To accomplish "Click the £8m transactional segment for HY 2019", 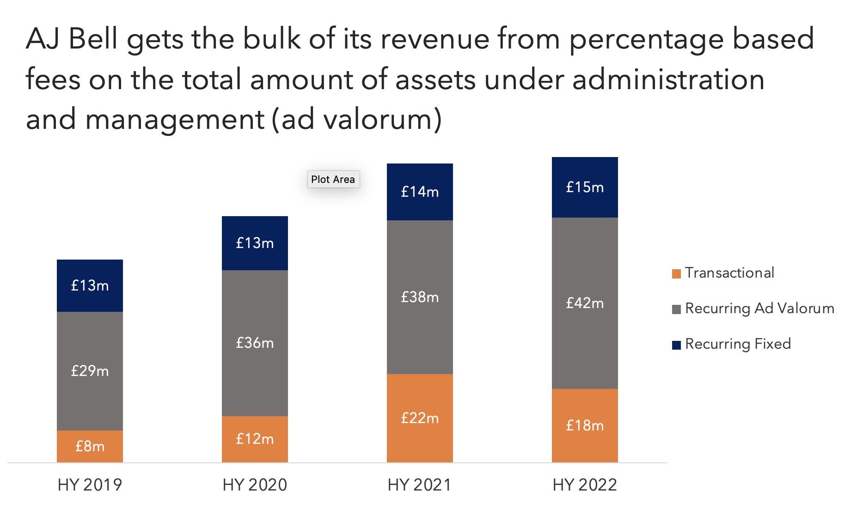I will coord(90,446).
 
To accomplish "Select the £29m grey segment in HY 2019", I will coord(90,371).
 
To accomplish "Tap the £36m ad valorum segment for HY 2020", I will coord(255,343).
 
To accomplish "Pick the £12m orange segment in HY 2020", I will coord(255,439).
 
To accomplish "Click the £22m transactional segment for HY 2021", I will coord(420,418).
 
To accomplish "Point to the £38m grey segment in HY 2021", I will coord(420,297).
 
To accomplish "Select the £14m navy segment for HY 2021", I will coord(420,192).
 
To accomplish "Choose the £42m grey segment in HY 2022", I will coord(585,303).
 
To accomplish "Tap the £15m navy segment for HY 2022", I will coord(585,187).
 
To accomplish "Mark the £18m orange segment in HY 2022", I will coord(585,425).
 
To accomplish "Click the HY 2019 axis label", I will coord(90,485).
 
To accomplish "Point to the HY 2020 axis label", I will coord(255,485).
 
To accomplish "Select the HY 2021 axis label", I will coord(419,485).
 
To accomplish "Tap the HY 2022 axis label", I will coord(585,485).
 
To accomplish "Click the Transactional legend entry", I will coord(729,273).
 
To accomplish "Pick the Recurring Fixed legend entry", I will coord(737,344).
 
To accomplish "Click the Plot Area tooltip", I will coord(333,179).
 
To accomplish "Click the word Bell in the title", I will coord(93,39).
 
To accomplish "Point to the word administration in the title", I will coord(668,79).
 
